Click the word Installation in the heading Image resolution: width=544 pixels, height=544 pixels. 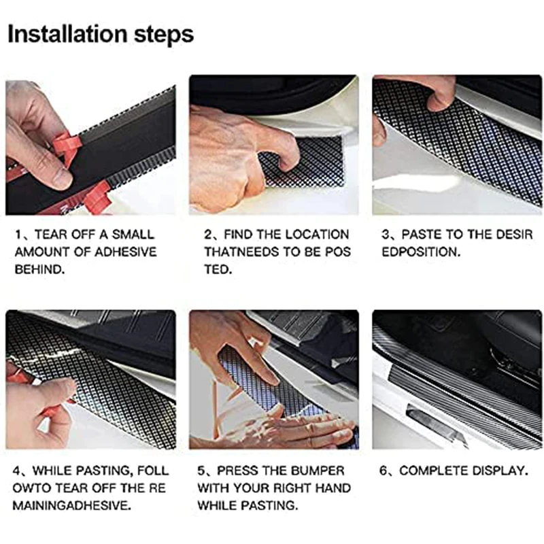[x=67, y=34]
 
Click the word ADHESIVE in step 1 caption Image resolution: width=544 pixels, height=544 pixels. [x=126, y=252]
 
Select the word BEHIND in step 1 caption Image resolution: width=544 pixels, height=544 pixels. [x=39, y=269]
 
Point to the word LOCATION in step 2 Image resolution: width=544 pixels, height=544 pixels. [x=317, y=235]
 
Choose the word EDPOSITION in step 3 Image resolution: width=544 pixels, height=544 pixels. [x=420, y=252]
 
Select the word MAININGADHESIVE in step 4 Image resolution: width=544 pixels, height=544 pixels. [x=71, y=505]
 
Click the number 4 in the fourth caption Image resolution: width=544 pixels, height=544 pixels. [x=16, y=471]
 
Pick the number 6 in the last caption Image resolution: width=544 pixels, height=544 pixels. [x=383, y=471]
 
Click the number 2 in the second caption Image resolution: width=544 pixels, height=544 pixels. [x=207, y=235]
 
